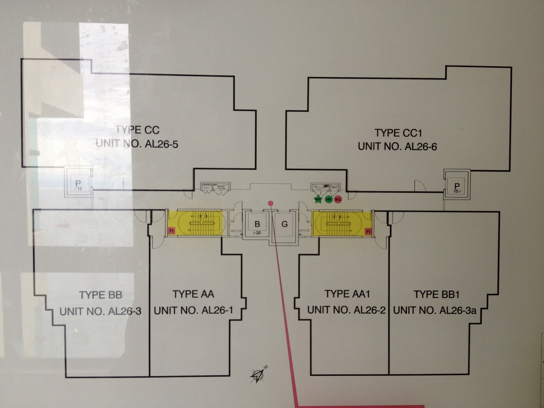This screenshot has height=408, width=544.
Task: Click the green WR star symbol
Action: pyautogui.click(x=318, y=200)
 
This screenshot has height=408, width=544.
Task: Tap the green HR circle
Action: pyautogui.click(x=328, y=200)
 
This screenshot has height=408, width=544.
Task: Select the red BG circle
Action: pyautogui.click(x=338, y=200)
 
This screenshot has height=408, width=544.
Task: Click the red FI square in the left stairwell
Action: pyautogui.click(x=172, y=231)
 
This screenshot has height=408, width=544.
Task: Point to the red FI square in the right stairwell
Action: pyautogui.click(x=368, y=232)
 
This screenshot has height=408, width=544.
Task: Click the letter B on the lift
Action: pyautogui.click(x=257, y=224)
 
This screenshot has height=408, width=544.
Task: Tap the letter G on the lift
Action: pyautogui.click(x=285, y=224)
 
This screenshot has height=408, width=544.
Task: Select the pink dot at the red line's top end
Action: pyautogui.click(x=271, y=203)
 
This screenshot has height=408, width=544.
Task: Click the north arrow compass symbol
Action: pyautogui.click(x=259, y=375)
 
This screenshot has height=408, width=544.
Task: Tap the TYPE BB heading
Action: pyautogui.click(x=101, y=295)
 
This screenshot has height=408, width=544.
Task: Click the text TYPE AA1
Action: pyautogui.click(x=347, y=294)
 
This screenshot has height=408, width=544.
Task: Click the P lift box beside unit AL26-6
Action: pyautogui.click(x=457, y=186)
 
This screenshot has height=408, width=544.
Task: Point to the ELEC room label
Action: pyautogui.click(x=206, y=187)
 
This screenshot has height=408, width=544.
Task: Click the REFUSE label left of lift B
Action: pyautogui.click(x=236, y=231)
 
